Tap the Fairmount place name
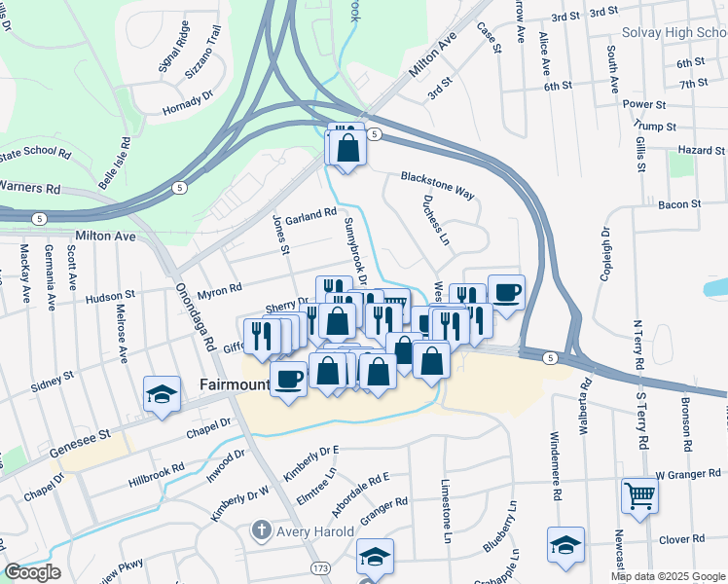[x=234, y=383]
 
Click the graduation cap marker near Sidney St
[x=162, y=393]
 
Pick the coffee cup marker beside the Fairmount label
[x=288, y=378]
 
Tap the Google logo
[x=32, y=572]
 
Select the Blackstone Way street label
[x=437, y=185]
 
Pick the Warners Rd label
[x=30, y=186]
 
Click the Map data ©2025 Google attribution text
[x=667, y=576]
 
